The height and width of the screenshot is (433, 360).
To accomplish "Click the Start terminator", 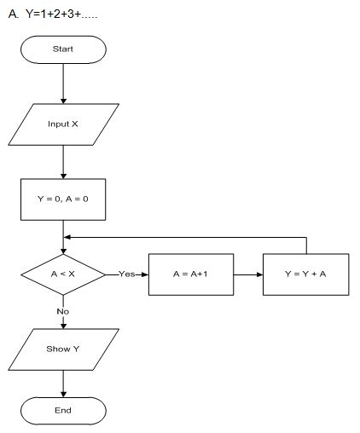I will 63,49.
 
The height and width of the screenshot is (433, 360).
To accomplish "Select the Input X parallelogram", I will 63,124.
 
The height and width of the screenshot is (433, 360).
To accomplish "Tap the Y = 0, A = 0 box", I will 63,199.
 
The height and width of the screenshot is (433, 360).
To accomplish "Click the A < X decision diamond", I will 63,274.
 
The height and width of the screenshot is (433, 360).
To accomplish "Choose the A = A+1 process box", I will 190,274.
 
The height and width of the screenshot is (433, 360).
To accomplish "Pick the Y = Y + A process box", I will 305,274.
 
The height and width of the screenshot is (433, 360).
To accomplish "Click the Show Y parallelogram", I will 63,349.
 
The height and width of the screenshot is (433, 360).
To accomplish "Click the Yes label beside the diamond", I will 126,274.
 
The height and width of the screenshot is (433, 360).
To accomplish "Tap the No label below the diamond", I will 63,312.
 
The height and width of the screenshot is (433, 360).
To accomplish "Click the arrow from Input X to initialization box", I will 63,159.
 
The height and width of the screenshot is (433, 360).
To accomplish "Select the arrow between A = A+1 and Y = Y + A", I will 247,274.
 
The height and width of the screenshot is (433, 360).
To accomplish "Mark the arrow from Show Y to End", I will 63,384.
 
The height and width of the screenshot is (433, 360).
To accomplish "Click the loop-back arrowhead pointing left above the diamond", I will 68,238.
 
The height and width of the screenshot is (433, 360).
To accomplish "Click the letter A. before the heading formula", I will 13,15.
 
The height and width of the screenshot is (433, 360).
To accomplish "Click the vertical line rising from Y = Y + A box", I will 305,245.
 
